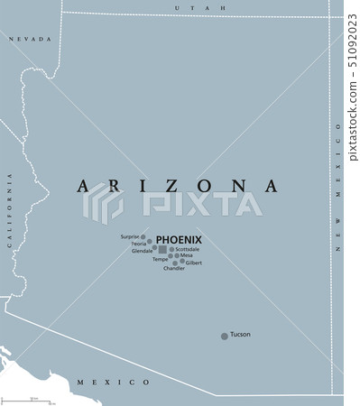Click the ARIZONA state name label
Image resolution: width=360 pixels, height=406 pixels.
click(178, 186)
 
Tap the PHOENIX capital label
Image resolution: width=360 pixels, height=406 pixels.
click(179, 239)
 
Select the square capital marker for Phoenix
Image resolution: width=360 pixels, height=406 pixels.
click(162, 249)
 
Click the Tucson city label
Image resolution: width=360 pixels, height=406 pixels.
click(240, 335)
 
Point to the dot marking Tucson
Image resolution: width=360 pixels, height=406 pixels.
click(225, 337)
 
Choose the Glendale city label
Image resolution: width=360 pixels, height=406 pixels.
click(143, 251)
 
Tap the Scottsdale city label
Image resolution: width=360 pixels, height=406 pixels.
click(193, 248)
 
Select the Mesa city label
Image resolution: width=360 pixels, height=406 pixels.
click(187, 255)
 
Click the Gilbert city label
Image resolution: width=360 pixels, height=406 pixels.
click(194, 263)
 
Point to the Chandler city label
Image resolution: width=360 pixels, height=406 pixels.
click(174, 269)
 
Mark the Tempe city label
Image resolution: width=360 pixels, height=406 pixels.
click(160, 259)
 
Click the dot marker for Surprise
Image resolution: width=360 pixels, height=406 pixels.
click(143, 237)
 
